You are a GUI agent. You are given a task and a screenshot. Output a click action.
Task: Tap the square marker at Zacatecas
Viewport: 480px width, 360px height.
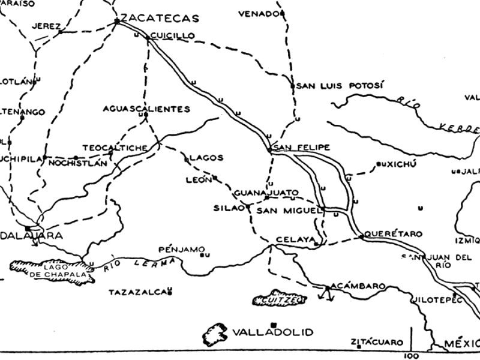pyautogui.click(x=116, y=22)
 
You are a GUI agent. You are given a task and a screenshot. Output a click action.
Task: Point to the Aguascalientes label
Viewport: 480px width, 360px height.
pyautogui.click(x=146, y=109)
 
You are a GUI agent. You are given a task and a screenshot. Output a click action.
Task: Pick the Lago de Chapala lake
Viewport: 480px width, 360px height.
pyautogui.click(x=52, y=271)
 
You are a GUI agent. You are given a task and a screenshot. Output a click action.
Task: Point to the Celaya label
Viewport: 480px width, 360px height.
pyautogui.click(x=295, y=240)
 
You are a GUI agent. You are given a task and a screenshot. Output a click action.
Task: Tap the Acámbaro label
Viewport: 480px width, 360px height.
pyautogui.click(x=358, y=287)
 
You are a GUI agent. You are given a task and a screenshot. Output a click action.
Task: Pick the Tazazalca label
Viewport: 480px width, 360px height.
pyautogui.click(x=137, y=292)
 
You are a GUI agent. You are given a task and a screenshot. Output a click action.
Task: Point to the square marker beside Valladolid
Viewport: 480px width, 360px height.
pyautogui.click(x=274, y=324)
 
